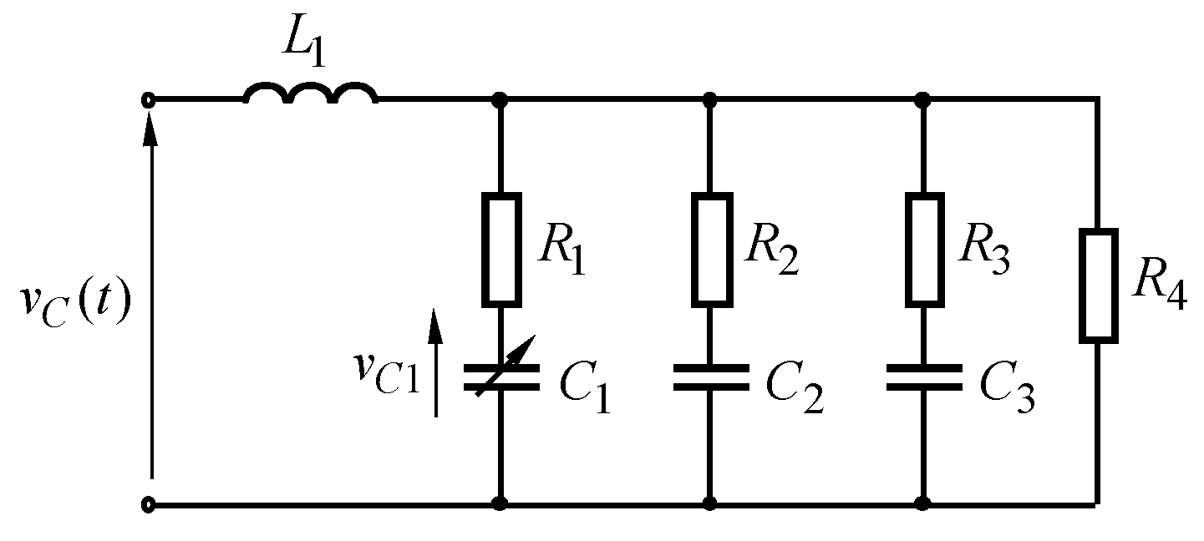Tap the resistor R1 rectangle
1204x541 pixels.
click(500, 249)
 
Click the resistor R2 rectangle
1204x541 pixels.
click(711, 249)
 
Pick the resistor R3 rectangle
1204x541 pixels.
click(923, 249)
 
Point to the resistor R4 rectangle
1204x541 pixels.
click(1098, 286)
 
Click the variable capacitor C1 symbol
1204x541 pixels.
click(500, 377)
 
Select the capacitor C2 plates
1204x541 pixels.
click(711, 377)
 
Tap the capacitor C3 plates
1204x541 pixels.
click(923, 377)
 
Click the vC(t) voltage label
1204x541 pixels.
click(75, 306)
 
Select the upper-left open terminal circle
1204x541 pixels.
click(149, 100)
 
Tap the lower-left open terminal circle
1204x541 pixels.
click(149, 504)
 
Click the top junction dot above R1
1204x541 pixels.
click(500, 100)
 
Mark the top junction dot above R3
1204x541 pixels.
click(923, 100)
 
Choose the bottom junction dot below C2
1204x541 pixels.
click(711, 503)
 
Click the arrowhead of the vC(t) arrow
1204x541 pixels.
click(150, 125)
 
